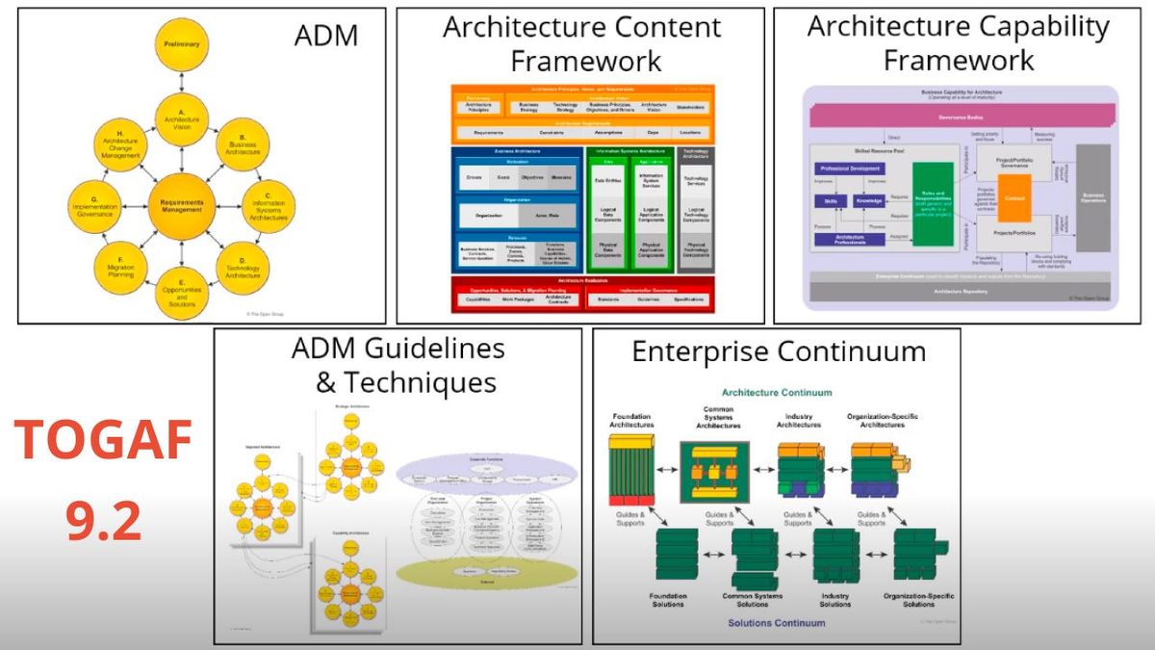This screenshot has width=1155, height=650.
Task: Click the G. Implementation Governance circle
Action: [x=94, y=205]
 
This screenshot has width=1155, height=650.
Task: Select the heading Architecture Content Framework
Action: [x=581, y=44]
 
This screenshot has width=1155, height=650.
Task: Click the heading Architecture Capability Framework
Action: [x=958, y=42]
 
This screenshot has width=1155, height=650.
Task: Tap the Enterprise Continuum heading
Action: [x=779, y=351]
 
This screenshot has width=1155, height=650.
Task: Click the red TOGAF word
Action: [x=103, y=441]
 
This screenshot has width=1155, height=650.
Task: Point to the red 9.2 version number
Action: [x=103, y=522]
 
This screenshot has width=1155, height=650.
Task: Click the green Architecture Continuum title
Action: [x=777, y=393]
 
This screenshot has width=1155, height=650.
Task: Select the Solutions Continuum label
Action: [x=777, y=623]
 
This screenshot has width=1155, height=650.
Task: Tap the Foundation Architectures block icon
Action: [x=630, y=469]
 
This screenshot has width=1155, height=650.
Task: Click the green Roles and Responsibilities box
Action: [x=938, y=203]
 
